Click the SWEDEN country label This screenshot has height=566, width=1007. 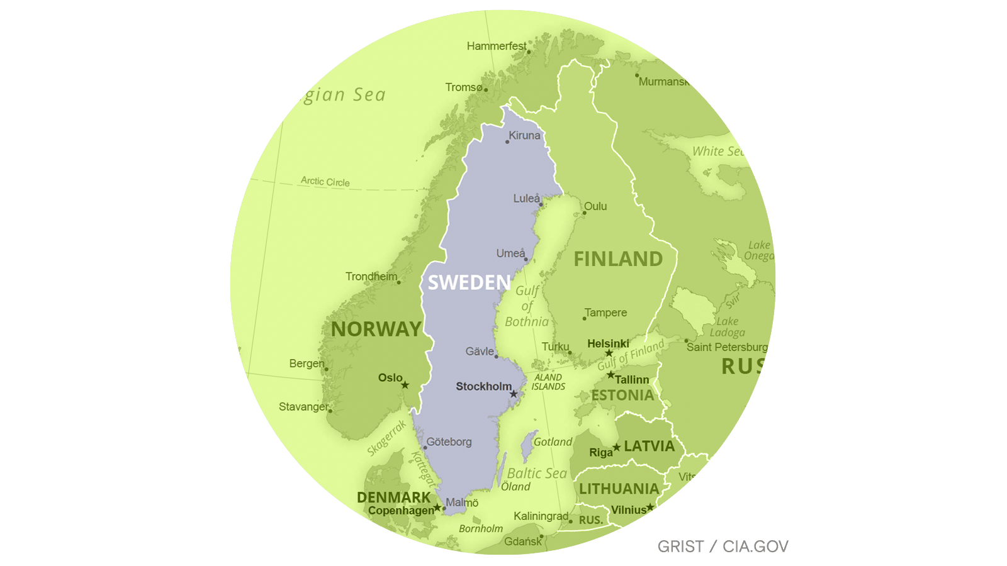(x=469, y=283)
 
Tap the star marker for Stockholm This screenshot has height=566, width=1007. (x=514, y=394)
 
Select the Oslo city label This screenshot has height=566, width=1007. (x=390, y=378)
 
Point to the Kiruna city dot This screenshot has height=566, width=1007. (x=507, y=141)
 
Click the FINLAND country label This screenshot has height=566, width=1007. (x=618, y=259)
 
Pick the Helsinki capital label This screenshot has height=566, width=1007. (x=608, y=344)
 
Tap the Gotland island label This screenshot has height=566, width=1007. (x=553, y=442)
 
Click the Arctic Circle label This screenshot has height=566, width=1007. (x=325, y=182)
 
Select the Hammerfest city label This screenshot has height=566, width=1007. (x=497, y=46)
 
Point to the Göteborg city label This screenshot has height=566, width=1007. (x=449, y=442)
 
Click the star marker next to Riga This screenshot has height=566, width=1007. (x=617, y=447)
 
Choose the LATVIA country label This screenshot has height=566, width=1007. (x=649, y=447)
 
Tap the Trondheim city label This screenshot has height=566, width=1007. (x=371, y=277)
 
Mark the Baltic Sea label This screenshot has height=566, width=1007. (x=537, y=474)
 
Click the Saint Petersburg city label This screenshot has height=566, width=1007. (x=727, y=347)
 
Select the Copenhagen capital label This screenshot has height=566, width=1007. (x=401, y=511)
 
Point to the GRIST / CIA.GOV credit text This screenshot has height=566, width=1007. (x=723, y=547)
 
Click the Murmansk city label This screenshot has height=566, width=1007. (x=663, y=82)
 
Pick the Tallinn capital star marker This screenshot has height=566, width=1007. (x=610, y=375)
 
